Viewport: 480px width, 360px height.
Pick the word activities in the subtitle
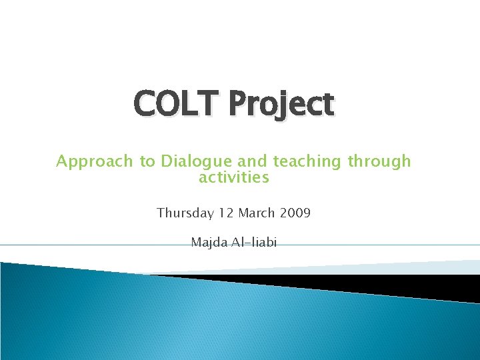coord(233,177)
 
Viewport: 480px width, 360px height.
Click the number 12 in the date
coord(225,213)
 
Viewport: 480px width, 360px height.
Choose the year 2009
coord(296,213)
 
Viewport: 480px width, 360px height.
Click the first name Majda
coord(208,242)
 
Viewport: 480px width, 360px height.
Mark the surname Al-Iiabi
coord(253,242)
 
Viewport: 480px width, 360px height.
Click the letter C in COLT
coord(145,104)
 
